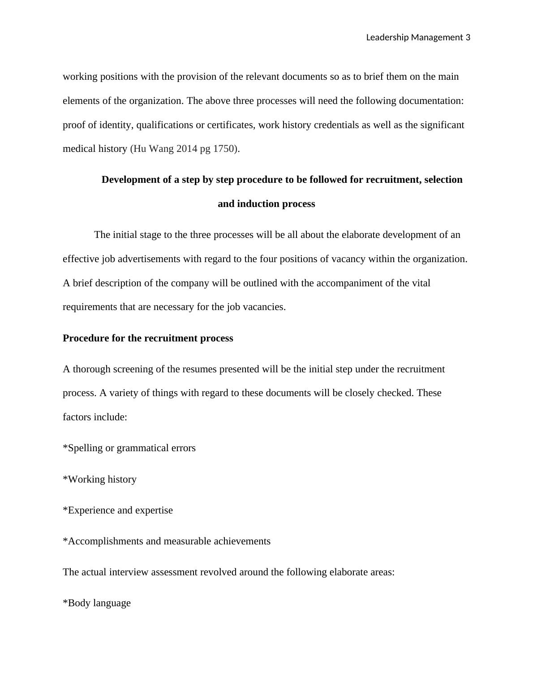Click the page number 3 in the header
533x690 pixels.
click(x=468, y=38)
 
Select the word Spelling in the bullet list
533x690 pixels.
click(x=85, y=448)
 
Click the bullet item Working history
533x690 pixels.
click(x=100, y=479)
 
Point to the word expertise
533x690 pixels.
click(x=154, y=510)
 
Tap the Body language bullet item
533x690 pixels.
click(x=97, y=603)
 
